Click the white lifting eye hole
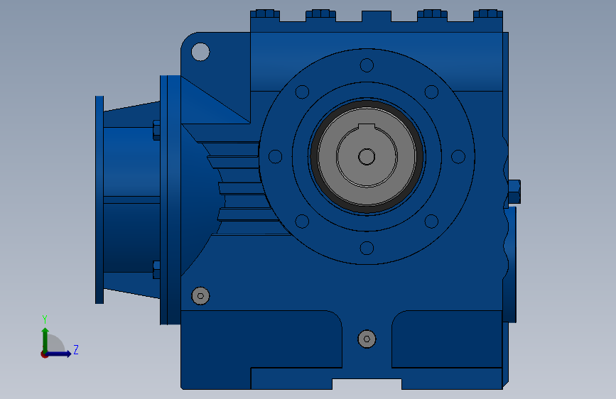click(x=200, y=52)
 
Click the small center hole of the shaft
click(x=367, y=157)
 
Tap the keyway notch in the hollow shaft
click(x=367, y=126)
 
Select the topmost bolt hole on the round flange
click(x=367, y=65)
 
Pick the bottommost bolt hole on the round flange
click(x=367, y=248)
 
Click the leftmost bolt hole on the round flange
click(x=275, y=156)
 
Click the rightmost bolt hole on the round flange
click(x=458, y=156)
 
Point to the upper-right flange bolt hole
click(x=431, y=92)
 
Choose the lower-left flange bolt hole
click(x=302, y=221)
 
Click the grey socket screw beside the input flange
click(x=200, y=296)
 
